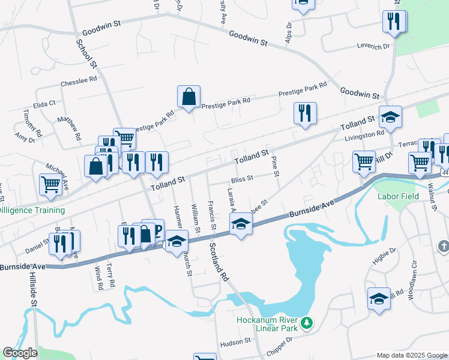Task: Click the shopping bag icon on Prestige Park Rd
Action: click(x=188, y=97)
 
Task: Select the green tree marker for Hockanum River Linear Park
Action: click(x=307, y=323)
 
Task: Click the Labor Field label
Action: click(x=397, y=196)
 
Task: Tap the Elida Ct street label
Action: click(x=44, y=103)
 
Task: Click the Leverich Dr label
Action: click(x=374, y=46)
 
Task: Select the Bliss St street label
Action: click(x=242, y=178)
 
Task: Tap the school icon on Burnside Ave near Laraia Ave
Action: click(x=241, y=225)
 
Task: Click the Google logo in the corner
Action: click(x=20, y=353)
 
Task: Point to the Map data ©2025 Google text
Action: click(x=412, y=355)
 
